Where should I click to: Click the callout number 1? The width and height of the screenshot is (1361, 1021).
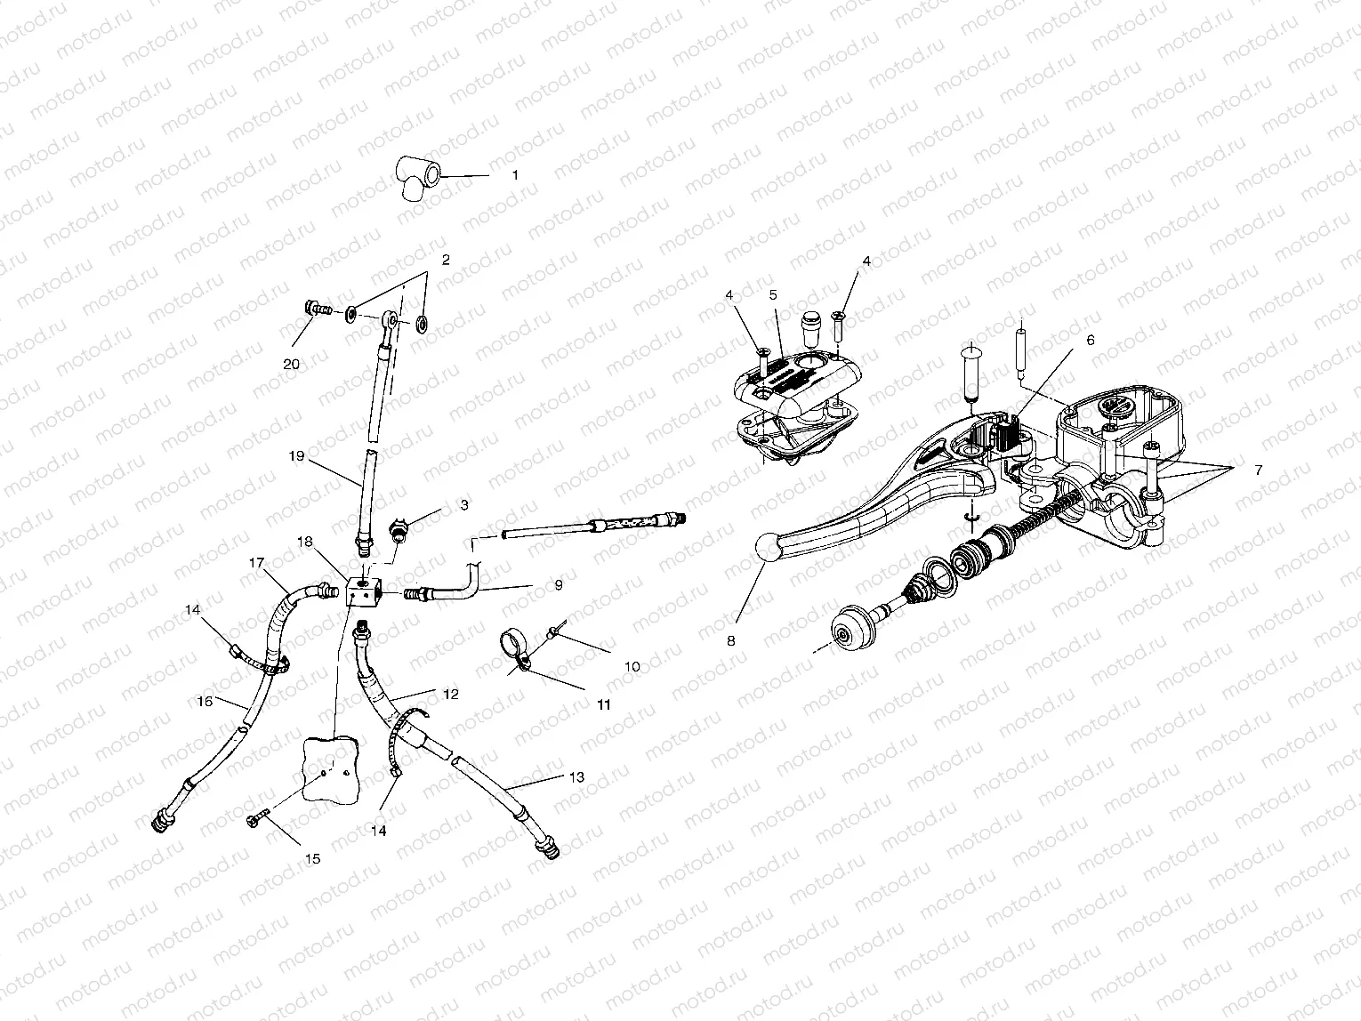[x=514, y=176]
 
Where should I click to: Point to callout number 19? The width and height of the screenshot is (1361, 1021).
[x=296, y=456]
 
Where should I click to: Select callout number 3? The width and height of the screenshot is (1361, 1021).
[x=464, y=505]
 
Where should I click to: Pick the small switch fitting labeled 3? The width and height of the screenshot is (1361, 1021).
[x=399, y=532]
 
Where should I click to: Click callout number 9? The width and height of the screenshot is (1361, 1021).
[x=558, y=585]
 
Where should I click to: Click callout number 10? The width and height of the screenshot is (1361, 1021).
[x=632, y=665]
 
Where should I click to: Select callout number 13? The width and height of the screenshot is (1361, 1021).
[x=576, y=776]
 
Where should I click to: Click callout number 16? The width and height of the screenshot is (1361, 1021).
[x=205, y=701]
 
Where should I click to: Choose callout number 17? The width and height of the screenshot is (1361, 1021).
[x=257, y=562]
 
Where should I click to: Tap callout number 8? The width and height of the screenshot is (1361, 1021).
[x=731, y=639]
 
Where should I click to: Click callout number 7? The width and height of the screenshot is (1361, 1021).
[x=1257, y=470]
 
